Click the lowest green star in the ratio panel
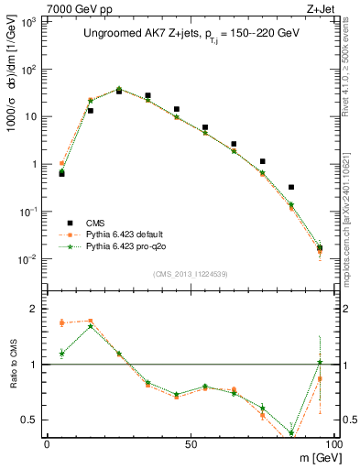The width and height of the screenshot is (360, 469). (291, 433)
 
